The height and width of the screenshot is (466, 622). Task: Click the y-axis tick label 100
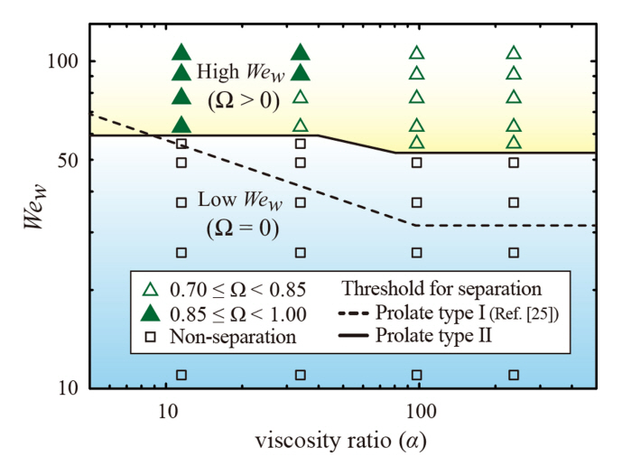click(70, 61)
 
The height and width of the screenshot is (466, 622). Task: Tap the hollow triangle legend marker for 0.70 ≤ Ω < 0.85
click(151, 290)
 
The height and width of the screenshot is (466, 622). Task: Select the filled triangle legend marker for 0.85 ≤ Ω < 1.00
click(151, 313)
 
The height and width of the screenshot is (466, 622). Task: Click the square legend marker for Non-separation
click(151, 336)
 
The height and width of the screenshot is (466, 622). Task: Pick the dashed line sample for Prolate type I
click(357, 313)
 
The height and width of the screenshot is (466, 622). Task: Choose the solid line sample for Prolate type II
click(357, 336)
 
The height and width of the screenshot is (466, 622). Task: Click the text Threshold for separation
click(441, 290)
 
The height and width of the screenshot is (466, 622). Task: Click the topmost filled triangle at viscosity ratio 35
click(301, 53)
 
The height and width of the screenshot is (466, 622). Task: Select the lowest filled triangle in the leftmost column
click(181, 125)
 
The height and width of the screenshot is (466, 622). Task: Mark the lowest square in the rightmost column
click(514, 375)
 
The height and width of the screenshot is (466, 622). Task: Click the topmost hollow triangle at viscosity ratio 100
click(417, 53)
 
